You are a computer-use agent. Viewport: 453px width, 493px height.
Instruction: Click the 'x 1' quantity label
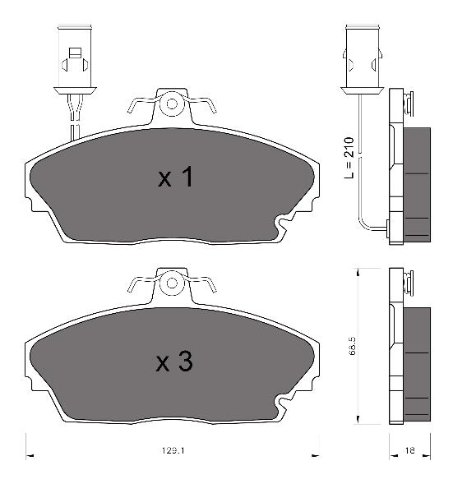click(x=175, y=177)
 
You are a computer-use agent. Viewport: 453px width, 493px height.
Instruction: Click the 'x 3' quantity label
click(x=174, y=362)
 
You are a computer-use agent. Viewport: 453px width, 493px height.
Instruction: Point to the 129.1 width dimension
click(x=173, y=450)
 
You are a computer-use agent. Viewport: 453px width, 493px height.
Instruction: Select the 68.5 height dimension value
click(x=352, y=346)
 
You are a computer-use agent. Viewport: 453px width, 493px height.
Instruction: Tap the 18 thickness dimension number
click(x=409, y=450)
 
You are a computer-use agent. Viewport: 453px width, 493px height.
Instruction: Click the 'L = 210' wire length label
click(x=349, y=158)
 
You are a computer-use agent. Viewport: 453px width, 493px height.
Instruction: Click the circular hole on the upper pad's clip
click(x=172, y=104)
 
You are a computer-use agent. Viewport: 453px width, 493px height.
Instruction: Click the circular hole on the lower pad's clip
click(x=172, y=283)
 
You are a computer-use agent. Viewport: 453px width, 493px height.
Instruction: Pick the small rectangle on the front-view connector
click(x=75, y=53)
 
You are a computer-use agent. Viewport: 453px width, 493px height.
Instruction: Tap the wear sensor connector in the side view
click(x=362, y=60)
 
